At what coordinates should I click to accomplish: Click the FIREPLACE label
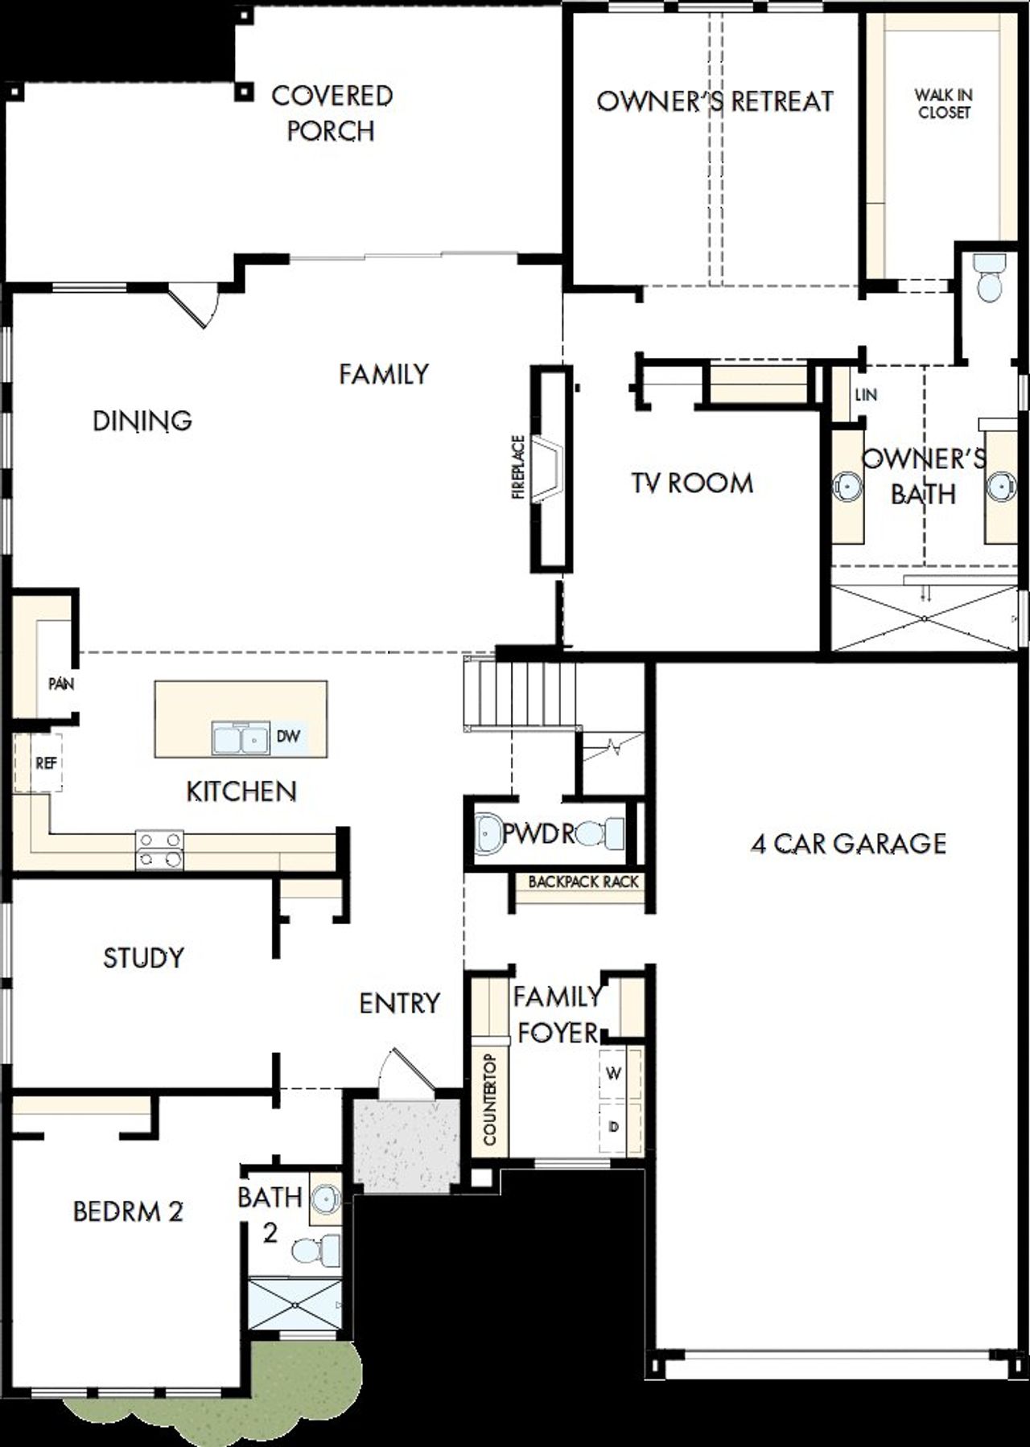(518, 467)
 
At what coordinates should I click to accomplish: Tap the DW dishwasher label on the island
(288, 736)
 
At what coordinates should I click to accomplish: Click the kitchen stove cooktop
(159, 849)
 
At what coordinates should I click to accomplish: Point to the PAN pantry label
(61, 684)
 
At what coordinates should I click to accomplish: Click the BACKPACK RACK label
(583, 882)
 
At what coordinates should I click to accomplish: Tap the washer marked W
(614, 1073)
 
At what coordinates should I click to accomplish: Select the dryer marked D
(615, 1127)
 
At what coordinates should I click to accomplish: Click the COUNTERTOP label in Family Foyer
(490, 1100)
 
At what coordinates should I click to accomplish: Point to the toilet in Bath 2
(315, 1250)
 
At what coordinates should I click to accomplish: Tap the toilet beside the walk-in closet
(987, 277)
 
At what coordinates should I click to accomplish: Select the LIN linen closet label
(866, 394)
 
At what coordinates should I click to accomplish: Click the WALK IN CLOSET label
(943, 104)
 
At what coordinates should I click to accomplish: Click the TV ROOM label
(692, 483)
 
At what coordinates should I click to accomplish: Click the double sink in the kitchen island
(241, 737)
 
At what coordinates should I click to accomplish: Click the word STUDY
(143, 957)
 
